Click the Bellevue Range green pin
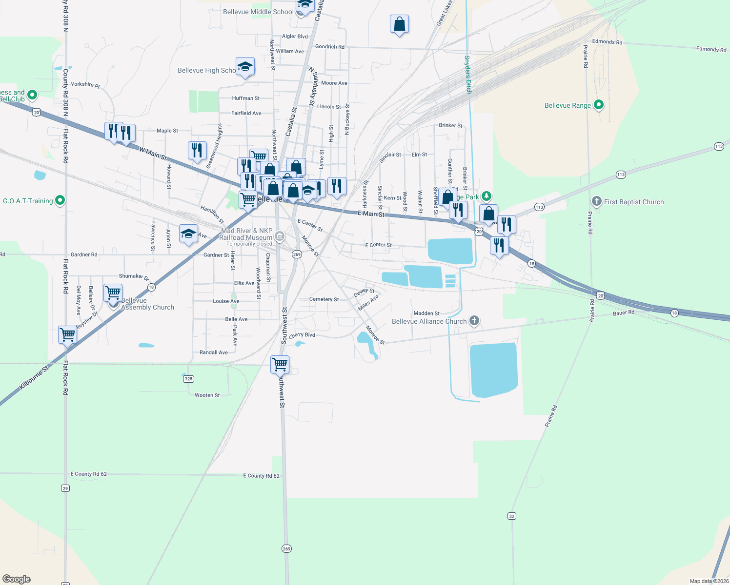click(x=599, y=105)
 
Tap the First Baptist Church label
click(x=633, y=202)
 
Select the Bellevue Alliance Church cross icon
click(x=474, y=321)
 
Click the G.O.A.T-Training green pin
click(x=60, y=200)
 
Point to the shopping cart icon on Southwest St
click(x=280, y=364)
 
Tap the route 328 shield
click(x=189, y=379)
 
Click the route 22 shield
click(x=511, y=516)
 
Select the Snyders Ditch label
click(x=467, y=74)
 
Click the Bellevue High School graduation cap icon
click(x=245, y=67)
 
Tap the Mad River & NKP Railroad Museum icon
click(x=279, y=237)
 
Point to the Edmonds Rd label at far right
click(x=711, y=49)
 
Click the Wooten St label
click(x=207, y=395)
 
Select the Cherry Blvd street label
click(x=302, y=335)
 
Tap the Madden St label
click(x=426, y=313)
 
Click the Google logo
click(x=17, y=579)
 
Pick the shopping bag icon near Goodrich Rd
click(x=399, y=24)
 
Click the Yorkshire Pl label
click(x=85, y=84)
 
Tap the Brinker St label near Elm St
click(x=450, y=125)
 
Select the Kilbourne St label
click(x=34, y=378)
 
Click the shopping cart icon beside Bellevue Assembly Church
click(x=113, y=293)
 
